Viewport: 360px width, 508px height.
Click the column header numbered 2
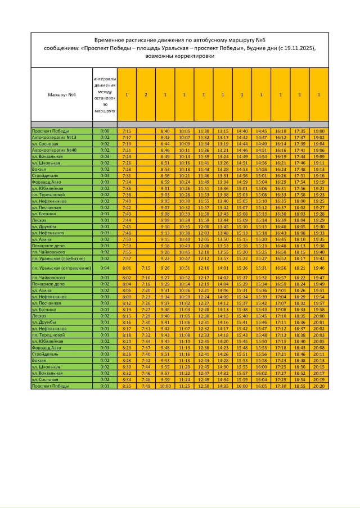pos(146,94)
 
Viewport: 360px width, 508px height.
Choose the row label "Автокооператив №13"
pos(54,137)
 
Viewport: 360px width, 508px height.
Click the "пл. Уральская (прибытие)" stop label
pos(58,258)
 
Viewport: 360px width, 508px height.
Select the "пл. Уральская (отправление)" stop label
pos(61,268)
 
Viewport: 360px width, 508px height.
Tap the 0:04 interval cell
pos(105,268)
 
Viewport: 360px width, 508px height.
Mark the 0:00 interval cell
pos(105,130)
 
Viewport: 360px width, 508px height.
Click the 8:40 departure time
pos(165,130)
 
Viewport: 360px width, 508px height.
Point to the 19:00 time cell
pos(318,130)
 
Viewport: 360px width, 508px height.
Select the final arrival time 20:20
pos(318,387)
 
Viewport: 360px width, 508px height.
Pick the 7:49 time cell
pos(146,387)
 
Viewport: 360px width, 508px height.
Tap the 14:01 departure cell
pos(223,268)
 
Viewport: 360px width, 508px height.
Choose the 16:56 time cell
pos(280,268)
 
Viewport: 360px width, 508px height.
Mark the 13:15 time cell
pos(223,130)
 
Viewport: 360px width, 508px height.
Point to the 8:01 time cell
pos(127,268)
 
